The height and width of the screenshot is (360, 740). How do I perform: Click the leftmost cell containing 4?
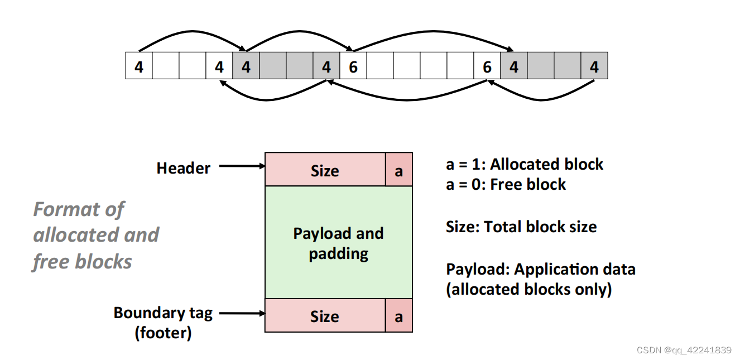coord(139,66)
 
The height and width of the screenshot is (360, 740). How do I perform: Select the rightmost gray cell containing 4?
coord(594,66)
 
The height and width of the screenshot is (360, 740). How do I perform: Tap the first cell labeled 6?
coord(353,66)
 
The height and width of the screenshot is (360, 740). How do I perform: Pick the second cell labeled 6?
coord(487,66)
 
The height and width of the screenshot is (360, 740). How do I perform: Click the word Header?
coord(183,168)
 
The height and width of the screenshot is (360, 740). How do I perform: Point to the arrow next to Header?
coord(242,166)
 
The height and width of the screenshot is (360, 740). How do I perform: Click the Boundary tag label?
coord(163,313)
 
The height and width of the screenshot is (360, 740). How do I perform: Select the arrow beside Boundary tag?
coord(242,313)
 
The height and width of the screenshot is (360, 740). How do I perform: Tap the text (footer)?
coord(163,333)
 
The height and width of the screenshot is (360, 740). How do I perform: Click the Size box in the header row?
coord(325,170)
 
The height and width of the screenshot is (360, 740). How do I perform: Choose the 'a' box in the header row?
coord(398,170)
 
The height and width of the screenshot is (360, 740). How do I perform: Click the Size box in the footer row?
coord(325,316)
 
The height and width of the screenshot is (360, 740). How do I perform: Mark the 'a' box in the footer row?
coord(398,316)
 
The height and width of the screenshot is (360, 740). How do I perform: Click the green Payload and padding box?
coord(338,243)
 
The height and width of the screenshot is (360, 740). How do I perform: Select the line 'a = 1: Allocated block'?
coord(525,164)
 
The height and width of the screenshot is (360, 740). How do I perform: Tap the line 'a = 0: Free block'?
coord(506,184)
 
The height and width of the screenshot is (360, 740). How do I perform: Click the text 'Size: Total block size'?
coord(521,227)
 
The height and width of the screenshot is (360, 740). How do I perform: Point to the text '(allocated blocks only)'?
coord(528,289)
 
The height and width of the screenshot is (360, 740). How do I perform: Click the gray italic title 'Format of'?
coord(78,209)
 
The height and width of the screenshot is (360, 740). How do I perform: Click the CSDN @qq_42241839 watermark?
coord(684,350)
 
